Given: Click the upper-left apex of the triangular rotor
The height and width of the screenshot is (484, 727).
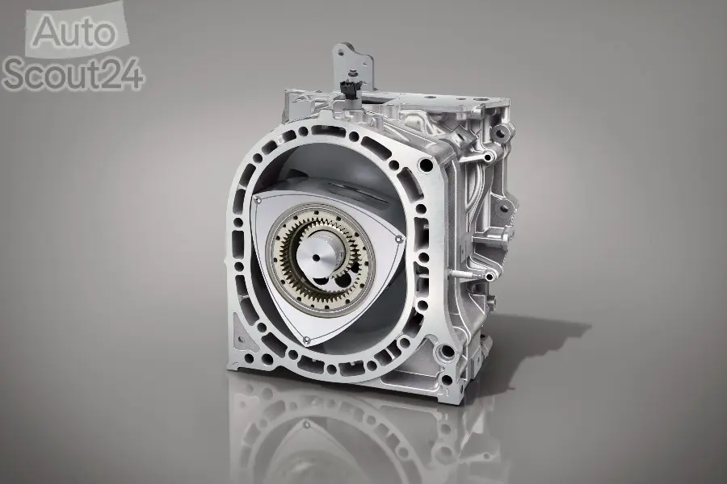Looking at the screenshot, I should tap(257, 198).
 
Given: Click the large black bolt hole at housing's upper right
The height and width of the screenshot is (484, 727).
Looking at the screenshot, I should tap(425, 165).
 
